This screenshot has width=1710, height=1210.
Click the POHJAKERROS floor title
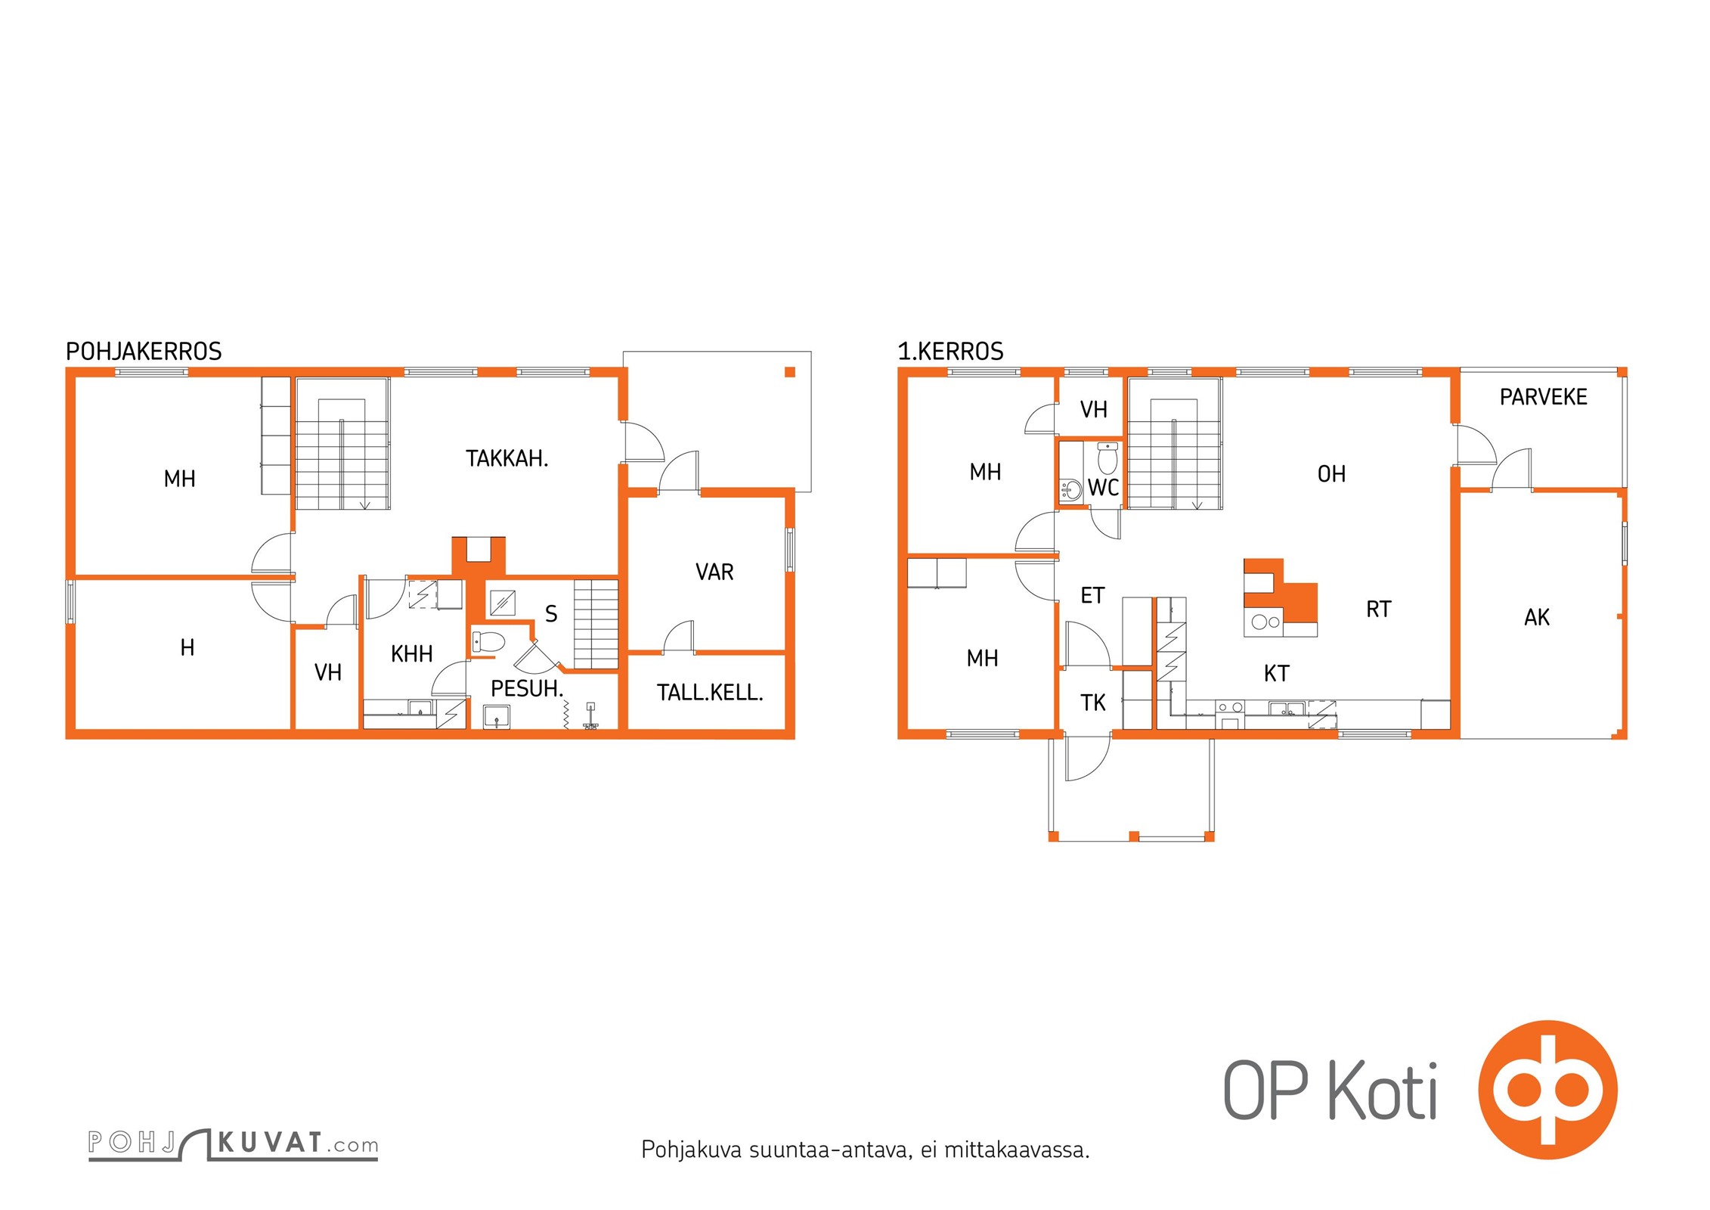144,352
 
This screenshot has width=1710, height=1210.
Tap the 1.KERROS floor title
950,352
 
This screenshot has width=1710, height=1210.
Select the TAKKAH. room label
506,458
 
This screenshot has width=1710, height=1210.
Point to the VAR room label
714,572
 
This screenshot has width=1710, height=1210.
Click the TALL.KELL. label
710,693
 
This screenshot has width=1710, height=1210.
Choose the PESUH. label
527,689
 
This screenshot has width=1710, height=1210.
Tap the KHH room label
412,654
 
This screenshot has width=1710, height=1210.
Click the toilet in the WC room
1107,458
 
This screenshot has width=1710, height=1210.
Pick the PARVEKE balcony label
1543,397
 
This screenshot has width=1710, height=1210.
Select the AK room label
1537,618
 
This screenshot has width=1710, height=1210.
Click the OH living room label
1332,474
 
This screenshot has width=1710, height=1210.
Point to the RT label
1378,610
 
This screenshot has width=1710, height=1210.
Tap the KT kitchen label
1277,674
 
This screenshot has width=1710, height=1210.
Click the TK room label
1093,703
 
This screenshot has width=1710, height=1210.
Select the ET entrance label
1093,596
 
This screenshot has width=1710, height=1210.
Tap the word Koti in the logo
1383,1090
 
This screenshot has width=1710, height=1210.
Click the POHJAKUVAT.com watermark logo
233,1143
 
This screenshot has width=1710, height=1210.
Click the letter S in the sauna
551,614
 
